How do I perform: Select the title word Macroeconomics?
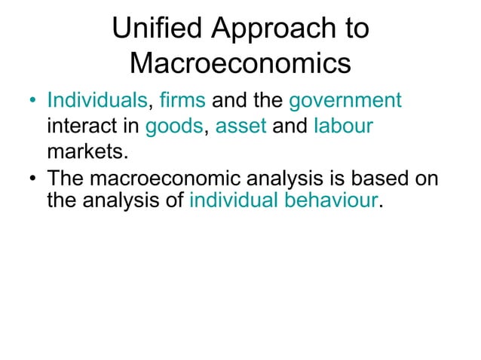click(240, 64)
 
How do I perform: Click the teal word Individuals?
click(97, 101)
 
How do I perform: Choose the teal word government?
click(345, 101)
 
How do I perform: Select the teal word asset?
click(241, 127)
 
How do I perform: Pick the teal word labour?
click(343, 127)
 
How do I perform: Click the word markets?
click(84, 153)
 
